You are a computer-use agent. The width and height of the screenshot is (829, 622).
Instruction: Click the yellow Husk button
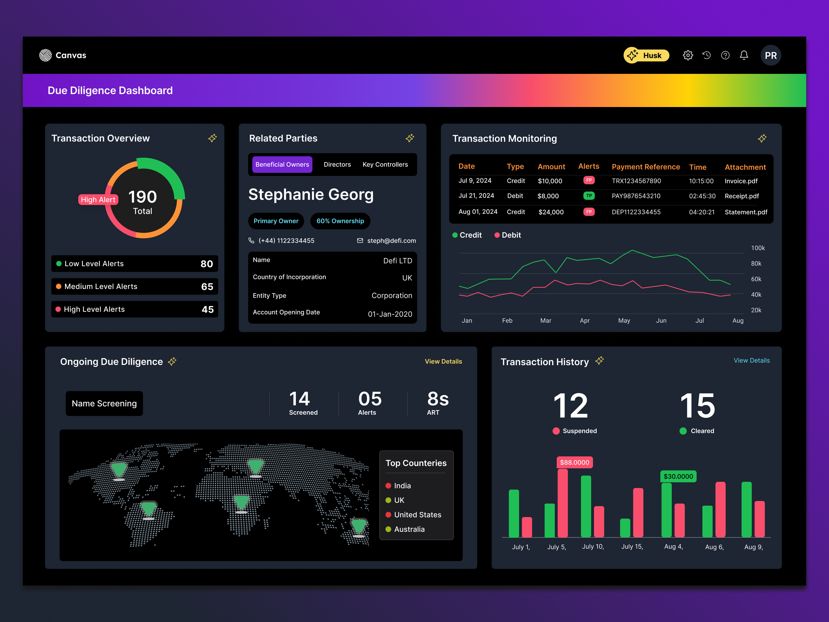(646, 55)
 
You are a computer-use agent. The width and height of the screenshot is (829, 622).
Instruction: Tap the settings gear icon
(688, 55)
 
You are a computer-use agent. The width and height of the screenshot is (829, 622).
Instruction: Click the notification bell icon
(744, 55)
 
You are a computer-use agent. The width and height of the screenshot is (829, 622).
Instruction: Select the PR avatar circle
(770, 55)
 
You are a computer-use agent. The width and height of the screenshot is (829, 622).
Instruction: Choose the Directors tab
(337, 165)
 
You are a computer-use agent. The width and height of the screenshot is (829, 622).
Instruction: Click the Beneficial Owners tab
(282, 165)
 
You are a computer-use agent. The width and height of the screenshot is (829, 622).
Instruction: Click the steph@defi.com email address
(391, 241)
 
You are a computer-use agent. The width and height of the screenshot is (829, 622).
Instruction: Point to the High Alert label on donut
(98, 200)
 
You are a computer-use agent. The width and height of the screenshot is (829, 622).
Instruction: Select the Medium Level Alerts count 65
(207, 287)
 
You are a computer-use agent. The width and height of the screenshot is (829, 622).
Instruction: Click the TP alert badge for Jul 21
(589, 196)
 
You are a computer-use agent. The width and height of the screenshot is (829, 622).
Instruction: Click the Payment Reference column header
(645, 167)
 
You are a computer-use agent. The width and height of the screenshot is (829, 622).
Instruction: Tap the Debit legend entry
(508, 235)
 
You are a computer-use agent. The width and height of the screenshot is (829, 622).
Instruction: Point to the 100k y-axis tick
(757, 248)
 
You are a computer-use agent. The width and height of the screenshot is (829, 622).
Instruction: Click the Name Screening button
(104, 404)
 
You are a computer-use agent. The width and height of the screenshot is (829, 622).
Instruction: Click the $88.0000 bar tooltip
(574, 463)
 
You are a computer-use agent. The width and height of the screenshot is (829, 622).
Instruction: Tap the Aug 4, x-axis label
(673, 547)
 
